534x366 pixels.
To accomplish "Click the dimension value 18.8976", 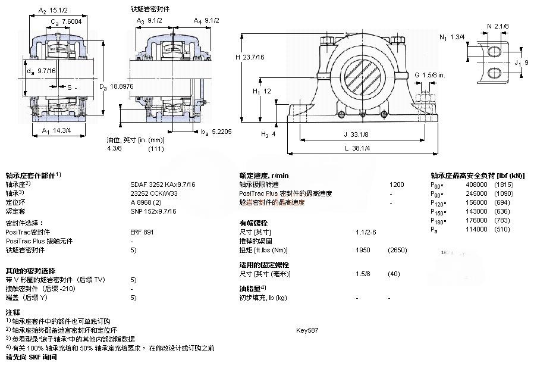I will point(122,87).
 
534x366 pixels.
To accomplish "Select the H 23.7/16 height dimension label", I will point(250,57).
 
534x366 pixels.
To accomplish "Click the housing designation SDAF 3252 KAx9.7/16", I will point(162,184).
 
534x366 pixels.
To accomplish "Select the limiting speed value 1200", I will point(396,184).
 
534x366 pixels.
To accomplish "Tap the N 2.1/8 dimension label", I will point(497,26).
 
